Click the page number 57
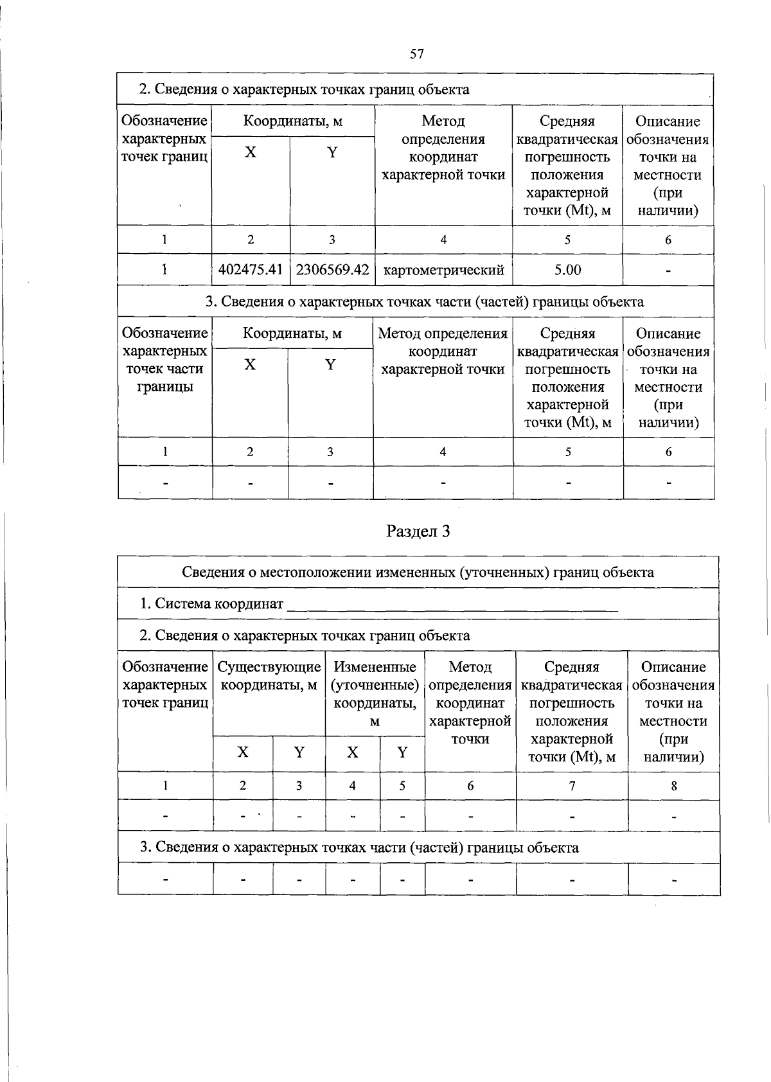pos(416,54)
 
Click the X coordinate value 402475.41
pos(251,270)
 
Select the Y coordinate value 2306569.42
pos(332,270)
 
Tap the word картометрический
pos(443,270)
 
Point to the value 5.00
pos(567,270)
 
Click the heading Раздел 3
pos(418,531)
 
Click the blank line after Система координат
pos(452,605)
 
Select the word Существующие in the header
pos(269,667)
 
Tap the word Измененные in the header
pos(375,667)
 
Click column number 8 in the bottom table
pos(673,785)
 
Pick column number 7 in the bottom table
pos(572,785)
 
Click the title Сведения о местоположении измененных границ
pos(418,572)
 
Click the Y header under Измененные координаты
pos(402,752)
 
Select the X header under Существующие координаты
pos(243,752)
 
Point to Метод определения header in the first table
pos(443,148)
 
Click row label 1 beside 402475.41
pos(164,270)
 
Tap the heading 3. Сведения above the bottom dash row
pos(359,847)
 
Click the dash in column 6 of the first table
pos(668,271)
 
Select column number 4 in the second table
pos(443,452)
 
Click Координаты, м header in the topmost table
pos(292,121)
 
